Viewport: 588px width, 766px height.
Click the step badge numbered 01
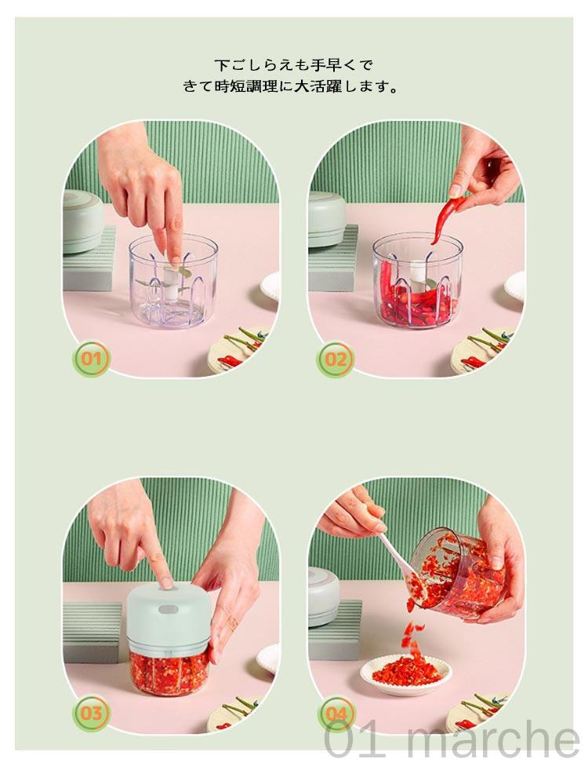point(91,359)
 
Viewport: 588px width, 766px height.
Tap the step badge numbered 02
point(336,359)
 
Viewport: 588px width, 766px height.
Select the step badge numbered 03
point(91,713)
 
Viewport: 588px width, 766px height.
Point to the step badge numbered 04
point(336,714)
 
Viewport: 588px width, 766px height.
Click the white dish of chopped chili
point(406,675)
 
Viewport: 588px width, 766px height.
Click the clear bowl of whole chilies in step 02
point(417,280)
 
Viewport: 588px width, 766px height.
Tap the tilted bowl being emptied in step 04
point(457,573)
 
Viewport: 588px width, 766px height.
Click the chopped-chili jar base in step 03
point(169,672)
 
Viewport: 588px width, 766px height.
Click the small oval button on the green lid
point(169,610)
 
